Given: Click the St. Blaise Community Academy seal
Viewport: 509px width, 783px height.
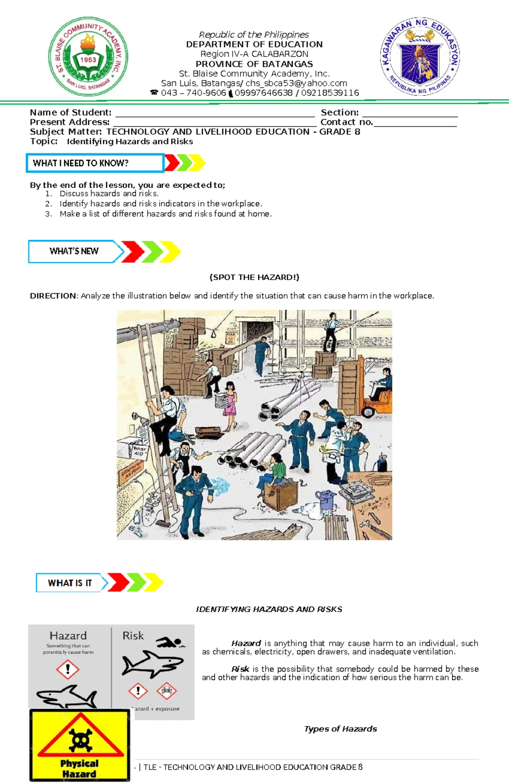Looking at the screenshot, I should pyautogui.click(x=88, y=56).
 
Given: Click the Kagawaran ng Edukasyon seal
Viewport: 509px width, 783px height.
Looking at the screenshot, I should pyautogui.click(x=420, y=57).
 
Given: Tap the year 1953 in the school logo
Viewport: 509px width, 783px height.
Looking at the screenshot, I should pyautogui.click(x=88, y=60).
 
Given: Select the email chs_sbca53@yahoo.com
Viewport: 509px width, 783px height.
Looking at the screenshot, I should pyautogui.click(x=296, y=83).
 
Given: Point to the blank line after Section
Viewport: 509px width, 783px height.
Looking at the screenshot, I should pyautogui.click(x=410, y=113).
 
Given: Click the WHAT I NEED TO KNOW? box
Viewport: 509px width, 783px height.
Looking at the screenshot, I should pyautogui.click(x=95, y=163).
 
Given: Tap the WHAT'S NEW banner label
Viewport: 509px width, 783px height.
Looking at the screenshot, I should pyautogui.click(x=74, y=251).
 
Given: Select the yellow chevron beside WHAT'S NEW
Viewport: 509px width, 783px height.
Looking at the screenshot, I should pyautogui.click(x=171, y=252).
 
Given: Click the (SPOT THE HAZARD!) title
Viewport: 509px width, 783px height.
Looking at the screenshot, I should pyautogui.click(x=255, y=278).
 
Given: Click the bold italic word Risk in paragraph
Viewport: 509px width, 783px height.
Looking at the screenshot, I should pyautogui.click(x=240, y=669).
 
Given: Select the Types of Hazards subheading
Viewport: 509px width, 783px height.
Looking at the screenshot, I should pyautogui.click(x=340, y=729).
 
